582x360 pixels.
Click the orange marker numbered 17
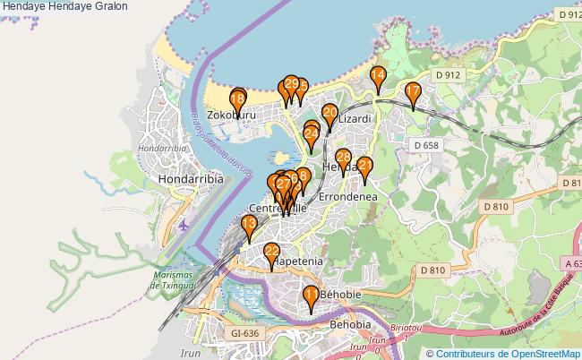[x=413, y=93]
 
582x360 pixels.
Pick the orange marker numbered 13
[x=249, y=225]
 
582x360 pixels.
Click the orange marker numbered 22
[x=272, y=254]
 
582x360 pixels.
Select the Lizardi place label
[x=355, y=118]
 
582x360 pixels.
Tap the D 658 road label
[x=426, y=145]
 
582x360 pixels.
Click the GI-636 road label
[x=244, y=333]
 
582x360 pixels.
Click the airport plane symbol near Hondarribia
[x=184, y=224]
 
